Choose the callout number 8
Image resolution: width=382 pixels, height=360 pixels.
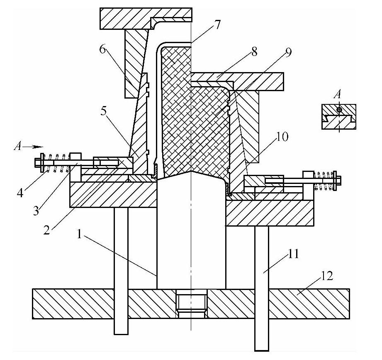pyautogui.click(x=253, y=51)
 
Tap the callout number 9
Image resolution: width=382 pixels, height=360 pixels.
pyautogui.click(x=288, y=53)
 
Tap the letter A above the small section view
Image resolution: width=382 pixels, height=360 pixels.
pyautogui.click(x=338, y=94)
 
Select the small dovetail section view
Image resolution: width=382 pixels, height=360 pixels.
pyautogui.click(x=339, y=118)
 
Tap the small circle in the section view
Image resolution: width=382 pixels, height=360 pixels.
pyautogui.click(x=339, y=110)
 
